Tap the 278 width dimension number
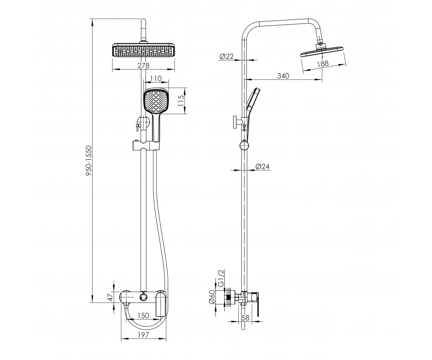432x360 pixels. [x=143, y=66]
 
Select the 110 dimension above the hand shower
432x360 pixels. [x=156, y=78]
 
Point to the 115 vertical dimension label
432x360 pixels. [x=181, y=100]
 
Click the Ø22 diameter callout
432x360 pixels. [x=226, y=57]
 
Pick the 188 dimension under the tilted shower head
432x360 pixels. [x=323, y=63]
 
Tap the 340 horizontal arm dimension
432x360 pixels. [x=283, y=76]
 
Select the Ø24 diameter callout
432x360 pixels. [x=262, y=166]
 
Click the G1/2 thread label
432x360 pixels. [x=221, y=278]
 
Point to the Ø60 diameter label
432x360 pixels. [x=212, y=297]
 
